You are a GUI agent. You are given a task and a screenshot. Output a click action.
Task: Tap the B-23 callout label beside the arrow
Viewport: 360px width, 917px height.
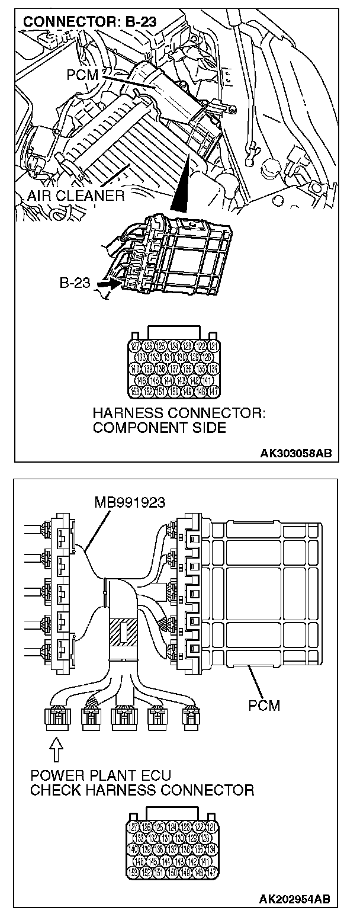pos(75,283)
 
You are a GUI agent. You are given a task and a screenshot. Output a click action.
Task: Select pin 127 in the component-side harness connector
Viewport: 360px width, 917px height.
pos(136,346)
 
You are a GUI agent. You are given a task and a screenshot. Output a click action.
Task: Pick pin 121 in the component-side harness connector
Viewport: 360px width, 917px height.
pos(214,346)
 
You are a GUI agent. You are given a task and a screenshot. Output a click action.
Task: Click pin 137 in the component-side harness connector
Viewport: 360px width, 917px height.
pos(175,368)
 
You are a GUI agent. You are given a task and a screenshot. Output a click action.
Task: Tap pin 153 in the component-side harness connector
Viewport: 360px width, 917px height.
pos(136,391)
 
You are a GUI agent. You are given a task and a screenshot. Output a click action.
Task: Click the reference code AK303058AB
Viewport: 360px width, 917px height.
pos(296,454)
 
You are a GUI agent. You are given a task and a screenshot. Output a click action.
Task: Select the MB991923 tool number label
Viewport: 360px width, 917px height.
pos(130,503)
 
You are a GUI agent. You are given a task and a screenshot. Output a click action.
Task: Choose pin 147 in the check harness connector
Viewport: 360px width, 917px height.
pos(214,872)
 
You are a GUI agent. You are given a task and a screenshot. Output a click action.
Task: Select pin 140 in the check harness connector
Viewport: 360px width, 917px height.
pos(136,849)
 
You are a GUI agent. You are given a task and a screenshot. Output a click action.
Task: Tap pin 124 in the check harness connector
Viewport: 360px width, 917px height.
pos(175,827)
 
